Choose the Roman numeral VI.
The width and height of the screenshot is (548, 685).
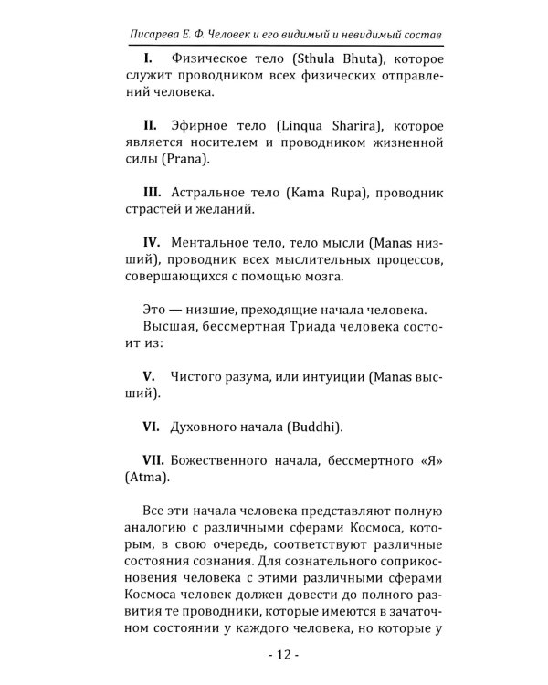click(152, 426)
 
